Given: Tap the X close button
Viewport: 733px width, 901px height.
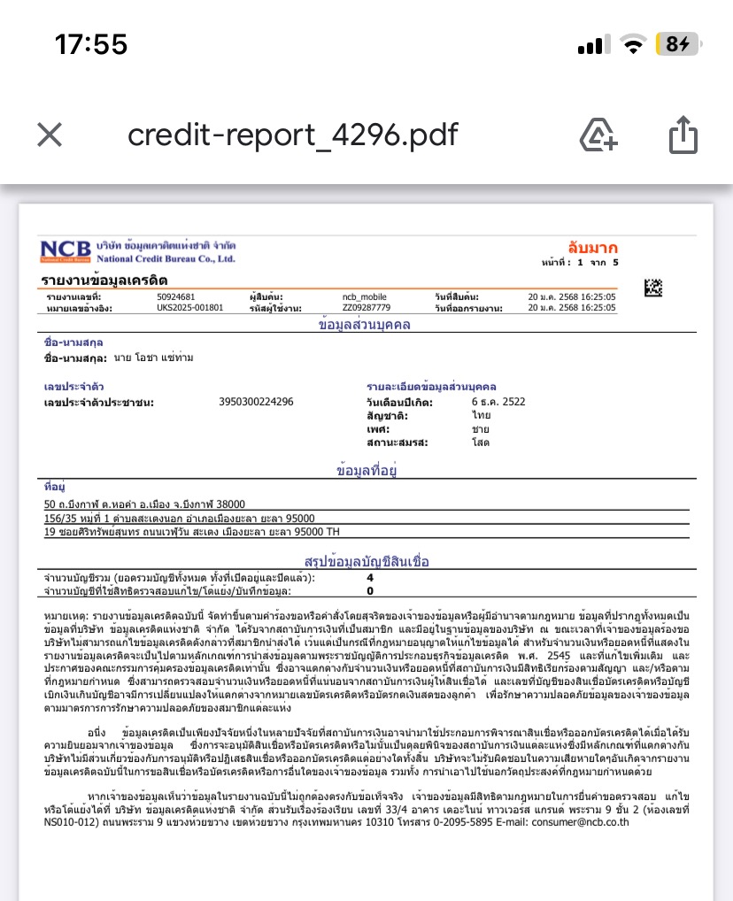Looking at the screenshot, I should coord(50,135).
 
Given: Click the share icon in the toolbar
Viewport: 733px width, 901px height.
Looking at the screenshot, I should coord(683,135).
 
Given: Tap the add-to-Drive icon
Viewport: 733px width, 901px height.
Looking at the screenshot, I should coord(598,135).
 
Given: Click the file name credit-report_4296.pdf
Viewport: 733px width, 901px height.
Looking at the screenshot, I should coord(293,135).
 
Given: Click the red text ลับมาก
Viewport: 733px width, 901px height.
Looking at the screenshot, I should coord(592,248).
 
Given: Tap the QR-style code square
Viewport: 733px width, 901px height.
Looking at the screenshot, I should coord(652,288).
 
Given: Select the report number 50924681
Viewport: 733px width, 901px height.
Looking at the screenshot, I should coord(176,296).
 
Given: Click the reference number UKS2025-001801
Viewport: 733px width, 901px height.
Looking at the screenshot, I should coord(189,307).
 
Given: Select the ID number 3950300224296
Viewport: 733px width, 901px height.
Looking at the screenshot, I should coord(256,402).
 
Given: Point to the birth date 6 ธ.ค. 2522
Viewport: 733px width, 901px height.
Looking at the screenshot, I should coord(498,402).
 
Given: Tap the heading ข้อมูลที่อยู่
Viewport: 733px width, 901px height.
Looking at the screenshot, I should coord(366,471).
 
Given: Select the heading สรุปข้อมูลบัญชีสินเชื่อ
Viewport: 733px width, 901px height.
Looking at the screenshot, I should coord(366,561).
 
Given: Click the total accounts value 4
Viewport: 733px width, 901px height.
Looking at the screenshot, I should coord(370,577).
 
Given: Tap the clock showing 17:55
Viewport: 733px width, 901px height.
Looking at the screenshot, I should coord(91,44).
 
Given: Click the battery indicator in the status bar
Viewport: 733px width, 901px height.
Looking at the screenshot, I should coord(677,44).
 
